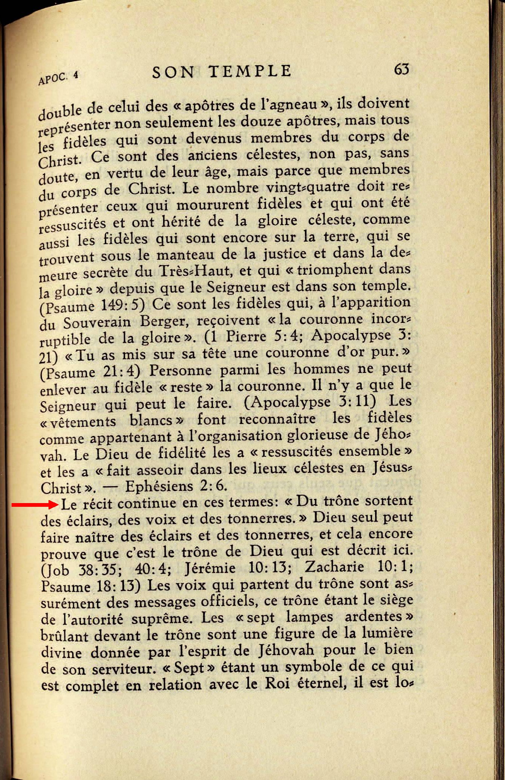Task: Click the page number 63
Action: (402, 69)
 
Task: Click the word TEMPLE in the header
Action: (250, 71)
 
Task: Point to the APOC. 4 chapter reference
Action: (58, 77)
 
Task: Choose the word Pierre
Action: (247, 337)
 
